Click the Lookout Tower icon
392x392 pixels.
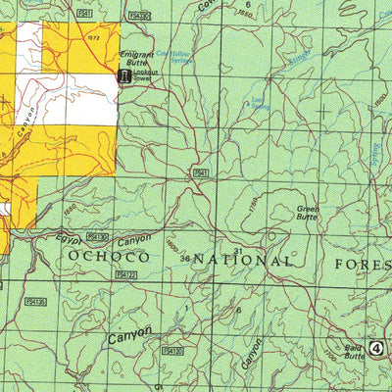click(124, 76)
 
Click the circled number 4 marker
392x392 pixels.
click(377, 347)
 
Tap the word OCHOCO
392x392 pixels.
click(109, 257)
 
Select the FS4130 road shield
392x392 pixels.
click(96, 237)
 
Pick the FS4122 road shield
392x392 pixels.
click(125, 276)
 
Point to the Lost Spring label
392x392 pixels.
click(258, 103)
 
